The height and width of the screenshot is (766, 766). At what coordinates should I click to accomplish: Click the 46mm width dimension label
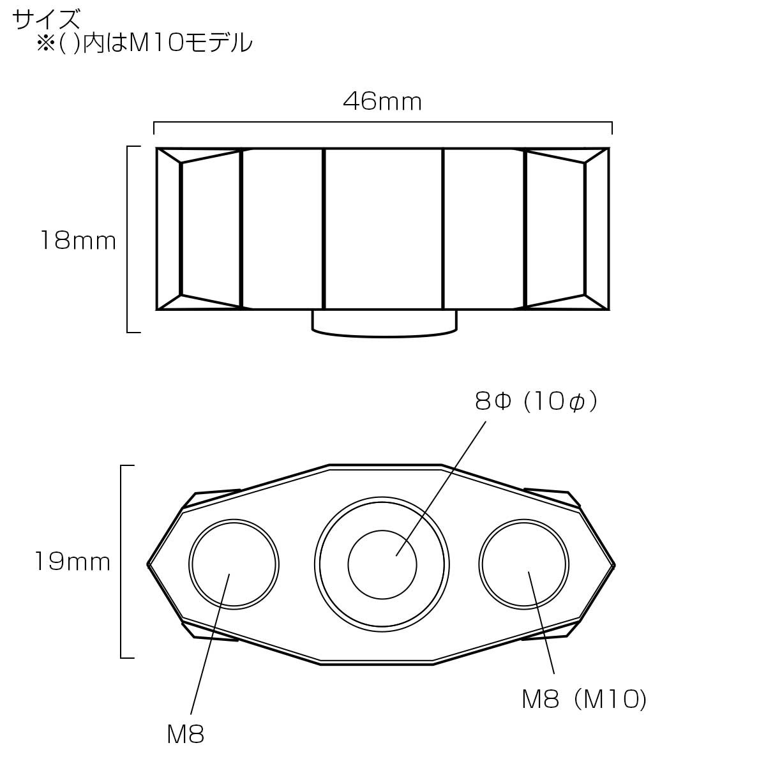coord(382,101)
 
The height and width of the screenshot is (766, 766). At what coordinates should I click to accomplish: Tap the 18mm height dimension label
coord(78,241)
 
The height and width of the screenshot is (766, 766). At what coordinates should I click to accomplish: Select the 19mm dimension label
coord(72,562)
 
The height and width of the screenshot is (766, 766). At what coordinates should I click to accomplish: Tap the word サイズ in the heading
coord(47,19)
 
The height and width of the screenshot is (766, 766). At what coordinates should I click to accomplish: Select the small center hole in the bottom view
coord(382,564)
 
